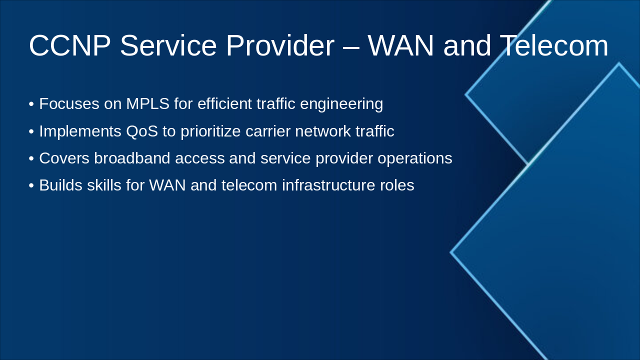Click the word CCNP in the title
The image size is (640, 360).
[x=69, y=45]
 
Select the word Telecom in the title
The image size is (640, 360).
[x=554, y=45]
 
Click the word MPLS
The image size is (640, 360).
[x=147, y=103]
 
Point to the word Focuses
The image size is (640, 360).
[x=69, y=103]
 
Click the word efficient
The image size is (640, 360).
[x=224, y=103]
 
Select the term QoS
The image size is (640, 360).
[x=142, y=131]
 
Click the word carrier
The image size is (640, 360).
[x=267, y=131]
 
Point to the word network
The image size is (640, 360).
[x=323, y=131]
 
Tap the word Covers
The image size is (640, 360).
[x=64, y=158]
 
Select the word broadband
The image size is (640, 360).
[x=132, y=158]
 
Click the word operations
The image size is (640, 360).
[x=415, y=159]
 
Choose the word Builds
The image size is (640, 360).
[x=61, y=185]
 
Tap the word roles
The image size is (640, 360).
[x=397, y=185]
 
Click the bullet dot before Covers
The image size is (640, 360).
[x=31, y=158]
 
